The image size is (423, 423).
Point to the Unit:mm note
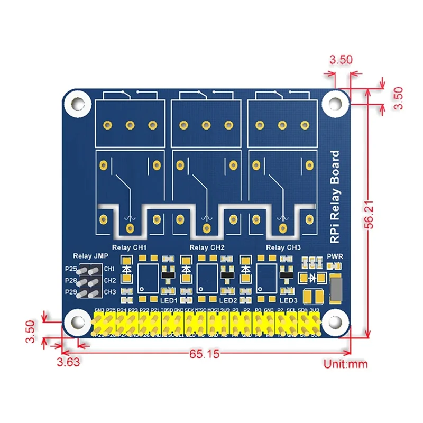(x=345, y=364)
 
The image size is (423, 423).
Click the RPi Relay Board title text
(x=335, y=197)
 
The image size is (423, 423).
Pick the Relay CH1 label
(x=129, y=247)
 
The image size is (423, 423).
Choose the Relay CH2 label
(x=207, y=247)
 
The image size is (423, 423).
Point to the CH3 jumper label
(x=109, y=292)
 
